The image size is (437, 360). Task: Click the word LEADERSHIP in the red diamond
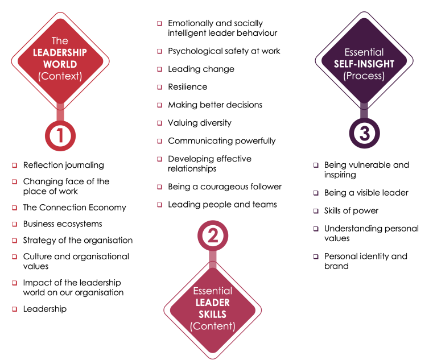coord(60,53)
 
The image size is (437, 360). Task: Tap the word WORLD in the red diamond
coord(60,64)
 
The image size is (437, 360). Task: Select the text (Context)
coord(60,76)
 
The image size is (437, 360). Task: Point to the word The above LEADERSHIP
coord(60,41)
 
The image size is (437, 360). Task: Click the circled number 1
coord(60,135)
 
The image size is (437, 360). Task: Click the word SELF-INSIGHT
coord(364,64)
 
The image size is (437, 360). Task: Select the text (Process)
coord(364,76)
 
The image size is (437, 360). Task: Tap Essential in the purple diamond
coord(364,52)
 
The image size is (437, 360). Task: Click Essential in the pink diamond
coord(212,291)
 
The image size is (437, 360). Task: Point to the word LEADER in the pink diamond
coord(212,303)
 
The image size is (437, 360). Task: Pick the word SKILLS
coord(212,315)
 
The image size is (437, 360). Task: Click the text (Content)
coord(212,326)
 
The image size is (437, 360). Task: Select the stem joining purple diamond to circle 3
coord(364,110)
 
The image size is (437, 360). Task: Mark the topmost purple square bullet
coord(316,165)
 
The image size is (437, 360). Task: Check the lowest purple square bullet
coord(316,256)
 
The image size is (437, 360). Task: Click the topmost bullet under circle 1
coord(15,165)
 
